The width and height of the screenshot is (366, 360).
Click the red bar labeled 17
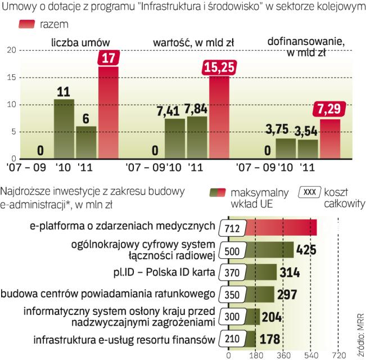coord(108,112)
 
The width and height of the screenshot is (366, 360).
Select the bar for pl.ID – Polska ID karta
coord(253,272)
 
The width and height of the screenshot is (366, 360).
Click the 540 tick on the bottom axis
coord(310,355)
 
